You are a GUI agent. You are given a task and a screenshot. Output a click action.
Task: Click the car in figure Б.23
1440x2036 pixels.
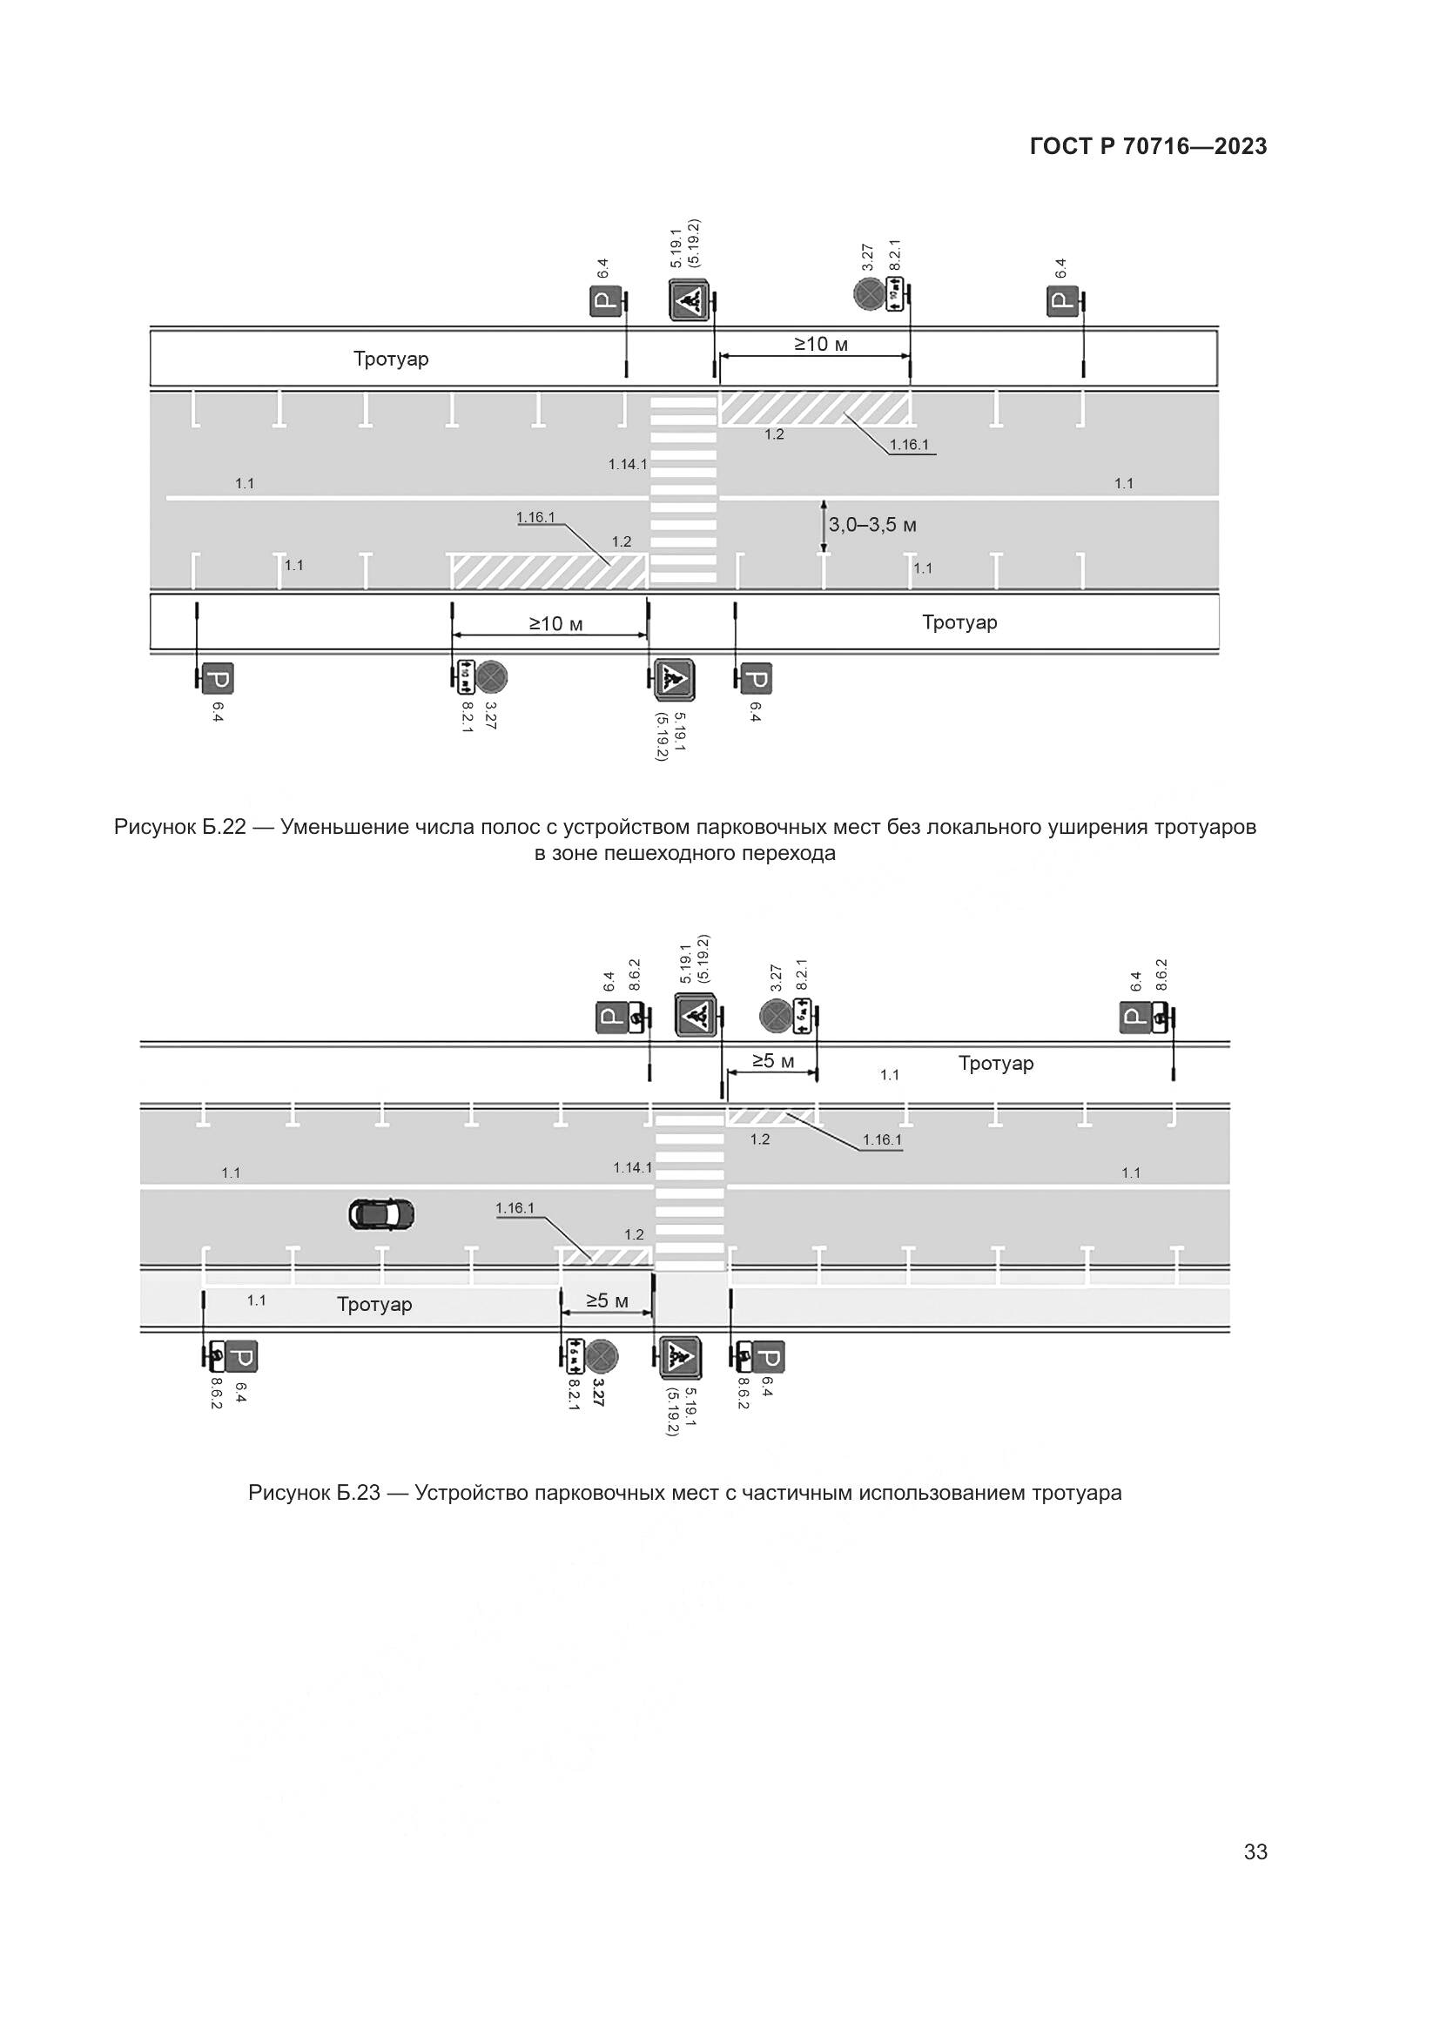(x=381, y=1214)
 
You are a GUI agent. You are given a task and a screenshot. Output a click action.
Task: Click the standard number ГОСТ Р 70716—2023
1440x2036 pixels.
(x=1148, y=147)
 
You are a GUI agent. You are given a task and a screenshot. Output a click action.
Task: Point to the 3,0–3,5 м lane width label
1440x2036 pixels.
(x=872, y=525)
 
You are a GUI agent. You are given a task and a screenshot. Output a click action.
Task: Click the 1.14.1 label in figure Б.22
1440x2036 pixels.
(x=627, y=464)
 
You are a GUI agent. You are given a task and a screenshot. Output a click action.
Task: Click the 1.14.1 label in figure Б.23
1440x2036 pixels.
(x=632, y=1168)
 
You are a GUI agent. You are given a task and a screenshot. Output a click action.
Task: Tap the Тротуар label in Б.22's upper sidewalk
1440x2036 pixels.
(x=391, y=359)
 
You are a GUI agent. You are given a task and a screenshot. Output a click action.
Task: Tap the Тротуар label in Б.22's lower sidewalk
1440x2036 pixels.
(x=959, y=622)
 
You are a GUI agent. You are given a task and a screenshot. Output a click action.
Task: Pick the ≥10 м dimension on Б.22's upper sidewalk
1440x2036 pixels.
(x=821, y=344)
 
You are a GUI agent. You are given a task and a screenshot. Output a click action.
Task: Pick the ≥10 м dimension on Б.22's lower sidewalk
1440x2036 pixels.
(x=557, y=624)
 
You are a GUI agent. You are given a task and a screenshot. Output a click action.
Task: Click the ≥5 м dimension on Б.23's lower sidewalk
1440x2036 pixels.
(x=608, y=1300)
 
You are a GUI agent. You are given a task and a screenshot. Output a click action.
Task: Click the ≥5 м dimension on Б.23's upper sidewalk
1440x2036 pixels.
(x=773, y=1060)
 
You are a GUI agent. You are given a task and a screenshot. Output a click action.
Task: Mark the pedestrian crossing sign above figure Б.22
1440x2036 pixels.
(x=689, y=301)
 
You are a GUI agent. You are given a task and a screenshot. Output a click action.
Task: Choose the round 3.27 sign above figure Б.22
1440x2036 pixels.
(x=868, y=293)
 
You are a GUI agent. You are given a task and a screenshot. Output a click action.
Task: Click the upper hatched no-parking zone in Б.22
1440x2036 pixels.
(x=814, y=408)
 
